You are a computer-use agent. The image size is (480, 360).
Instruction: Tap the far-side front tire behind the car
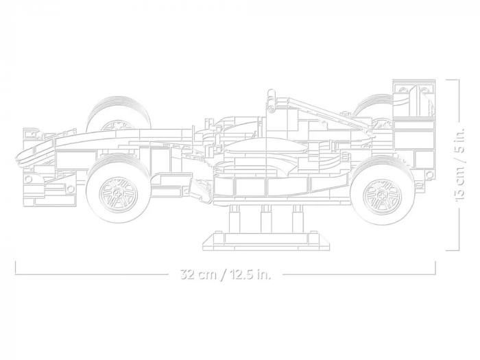pos(118,110)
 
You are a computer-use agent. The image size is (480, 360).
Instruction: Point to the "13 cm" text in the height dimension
pos(459,183)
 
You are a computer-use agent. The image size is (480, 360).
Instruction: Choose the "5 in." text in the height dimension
pos(459,141)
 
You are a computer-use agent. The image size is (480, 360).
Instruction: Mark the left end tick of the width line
pos(16,267)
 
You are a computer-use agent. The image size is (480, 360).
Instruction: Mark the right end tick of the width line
pos(435,267)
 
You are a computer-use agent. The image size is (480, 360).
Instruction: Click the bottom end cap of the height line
pos(452,250)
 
